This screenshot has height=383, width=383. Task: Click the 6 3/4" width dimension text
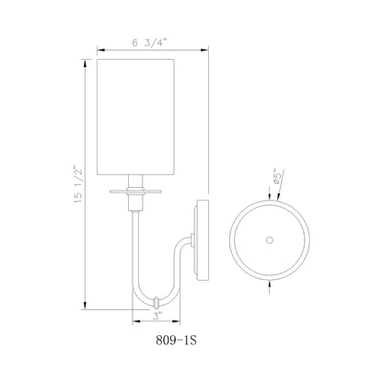[x=139, y=41]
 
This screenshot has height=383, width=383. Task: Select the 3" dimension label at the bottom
[x=158, y=317]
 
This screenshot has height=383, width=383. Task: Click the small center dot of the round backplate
[x=269, y=239]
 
